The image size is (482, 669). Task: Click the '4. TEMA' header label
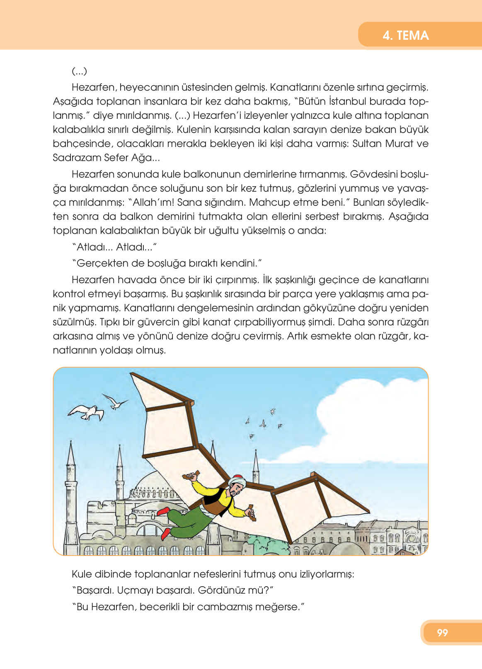pos(405,35)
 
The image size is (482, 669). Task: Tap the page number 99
pos(442,632)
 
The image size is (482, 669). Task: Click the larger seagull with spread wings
pos(87,412)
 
